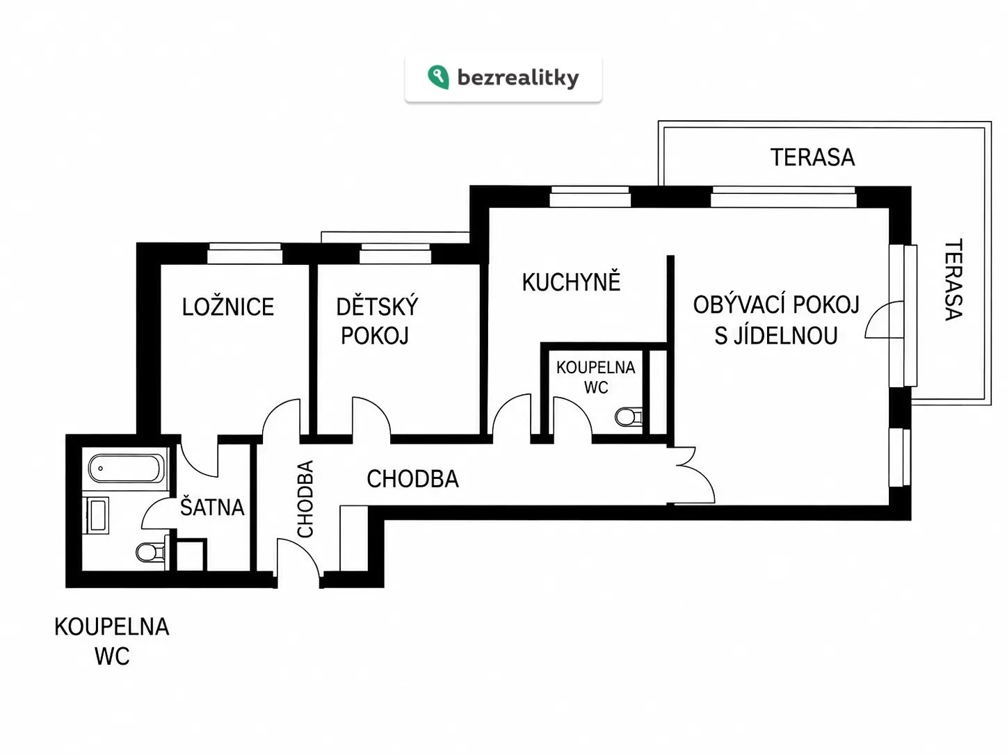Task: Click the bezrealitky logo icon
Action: (438, 77)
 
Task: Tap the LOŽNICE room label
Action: (228, 307)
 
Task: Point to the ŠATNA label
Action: (212, 507)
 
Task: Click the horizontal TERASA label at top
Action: (812, 157)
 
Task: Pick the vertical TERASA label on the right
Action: (953, 279)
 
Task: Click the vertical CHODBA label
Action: (305, 498)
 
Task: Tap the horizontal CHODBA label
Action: (413, 478)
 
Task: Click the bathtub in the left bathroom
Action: (126, 468)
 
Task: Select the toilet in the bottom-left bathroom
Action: (151, 553)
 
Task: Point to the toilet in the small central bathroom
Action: (629, 417)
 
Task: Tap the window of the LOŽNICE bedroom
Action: (245, 254)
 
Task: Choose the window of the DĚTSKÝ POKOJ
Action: (395, 254)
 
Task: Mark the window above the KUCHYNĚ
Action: (590, 197)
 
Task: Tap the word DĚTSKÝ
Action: (377, 306)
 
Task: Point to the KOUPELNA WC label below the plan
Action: (112, 641)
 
